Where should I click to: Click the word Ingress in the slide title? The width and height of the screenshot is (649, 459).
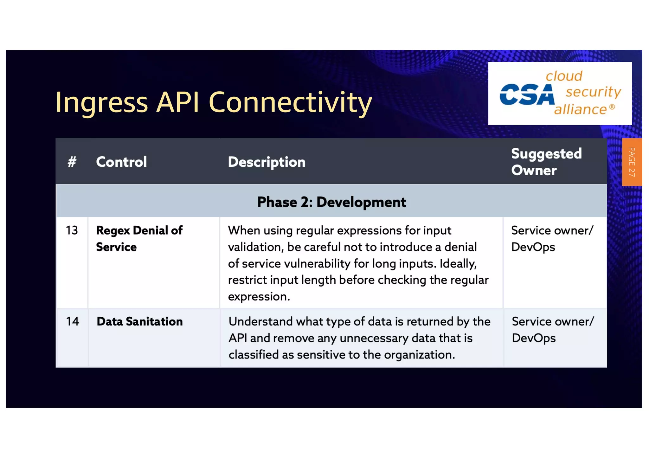(101, 103)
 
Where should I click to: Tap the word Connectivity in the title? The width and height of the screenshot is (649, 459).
(290, 103)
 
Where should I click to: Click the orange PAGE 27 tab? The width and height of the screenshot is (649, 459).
(632, 162)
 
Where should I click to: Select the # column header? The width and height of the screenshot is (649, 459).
(72, 162)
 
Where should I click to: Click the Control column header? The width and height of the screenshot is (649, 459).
(121, 162)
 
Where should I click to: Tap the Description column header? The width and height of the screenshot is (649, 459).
(267, 162)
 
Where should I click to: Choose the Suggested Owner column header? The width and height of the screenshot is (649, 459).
(546, 162)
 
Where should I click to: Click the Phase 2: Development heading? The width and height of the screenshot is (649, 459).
(331, 202)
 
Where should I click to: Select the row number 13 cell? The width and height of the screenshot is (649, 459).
(72, 230)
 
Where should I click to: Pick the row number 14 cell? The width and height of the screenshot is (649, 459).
(72, 321)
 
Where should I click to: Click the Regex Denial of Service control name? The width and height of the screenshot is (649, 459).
(139, 238)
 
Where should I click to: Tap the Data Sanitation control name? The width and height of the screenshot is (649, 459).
(139, 321)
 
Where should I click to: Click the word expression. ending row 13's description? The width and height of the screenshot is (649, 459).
(259, 297)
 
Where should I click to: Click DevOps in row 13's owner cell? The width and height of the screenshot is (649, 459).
(533, 247)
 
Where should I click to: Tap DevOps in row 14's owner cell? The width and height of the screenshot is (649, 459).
(534, 338)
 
